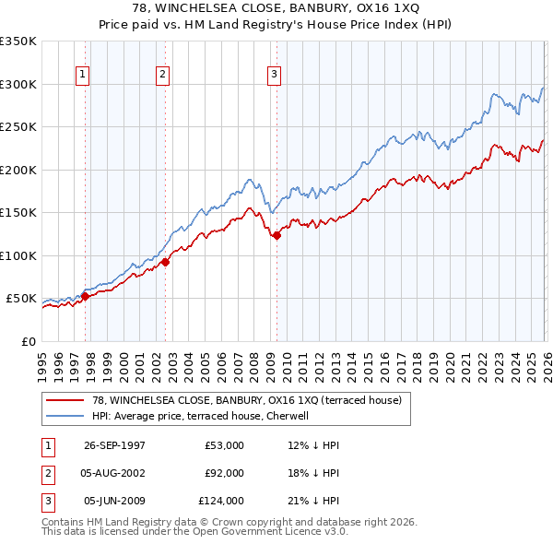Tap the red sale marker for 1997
86,296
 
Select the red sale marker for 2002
165,262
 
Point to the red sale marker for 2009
276,235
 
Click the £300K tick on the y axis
18,84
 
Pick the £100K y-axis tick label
18,255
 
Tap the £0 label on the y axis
28,341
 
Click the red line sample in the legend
65,401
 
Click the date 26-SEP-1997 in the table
114,445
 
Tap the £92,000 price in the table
225,473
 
